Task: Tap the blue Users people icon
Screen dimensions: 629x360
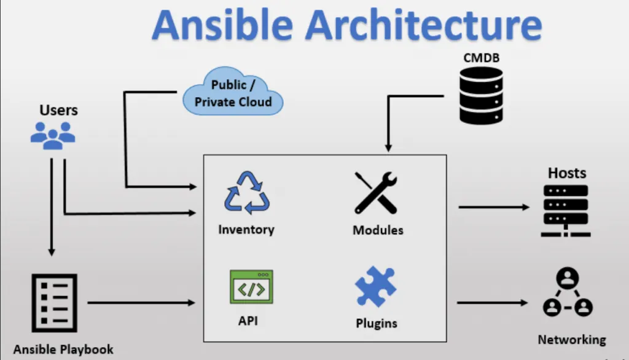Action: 53,136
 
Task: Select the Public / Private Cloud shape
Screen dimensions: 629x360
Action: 233,92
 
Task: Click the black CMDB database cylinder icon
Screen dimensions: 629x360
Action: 481,95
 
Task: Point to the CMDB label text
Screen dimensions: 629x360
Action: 482,58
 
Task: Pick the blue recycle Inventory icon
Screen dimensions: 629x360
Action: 247,193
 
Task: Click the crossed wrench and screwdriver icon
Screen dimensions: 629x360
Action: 376,193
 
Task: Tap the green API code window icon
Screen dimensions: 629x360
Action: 251,286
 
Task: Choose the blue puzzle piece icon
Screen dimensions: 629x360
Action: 375,286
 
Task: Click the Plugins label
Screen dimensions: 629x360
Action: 377,324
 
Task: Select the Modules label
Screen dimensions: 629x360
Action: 378,230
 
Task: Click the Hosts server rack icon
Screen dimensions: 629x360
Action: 566,210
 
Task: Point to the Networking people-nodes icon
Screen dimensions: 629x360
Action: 568,292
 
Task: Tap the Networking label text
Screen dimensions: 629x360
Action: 572,340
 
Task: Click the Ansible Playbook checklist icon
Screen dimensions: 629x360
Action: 55,303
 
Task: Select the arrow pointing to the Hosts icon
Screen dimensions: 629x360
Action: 494,207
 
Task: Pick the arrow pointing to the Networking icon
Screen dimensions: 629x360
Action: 493,303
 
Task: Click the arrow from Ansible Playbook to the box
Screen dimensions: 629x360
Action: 141,303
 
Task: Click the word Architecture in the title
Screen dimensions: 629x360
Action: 424,25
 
